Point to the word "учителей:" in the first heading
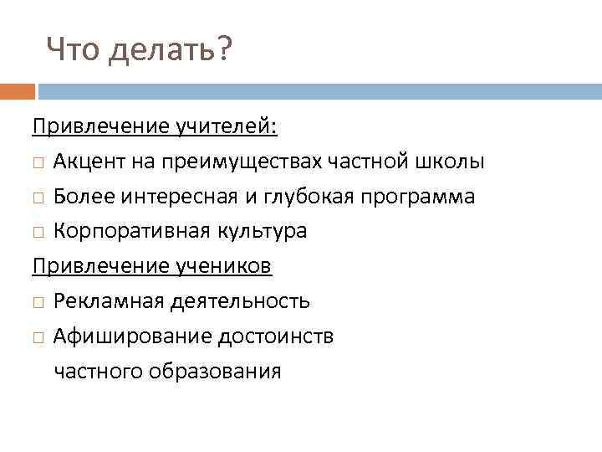[x=227, y=126]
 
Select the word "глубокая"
[x=312, y=197]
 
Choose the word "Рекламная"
[x=99, y=300]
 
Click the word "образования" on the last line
[x=226, y=371]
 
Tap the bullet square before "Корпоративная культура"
[x=38, y=232]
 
